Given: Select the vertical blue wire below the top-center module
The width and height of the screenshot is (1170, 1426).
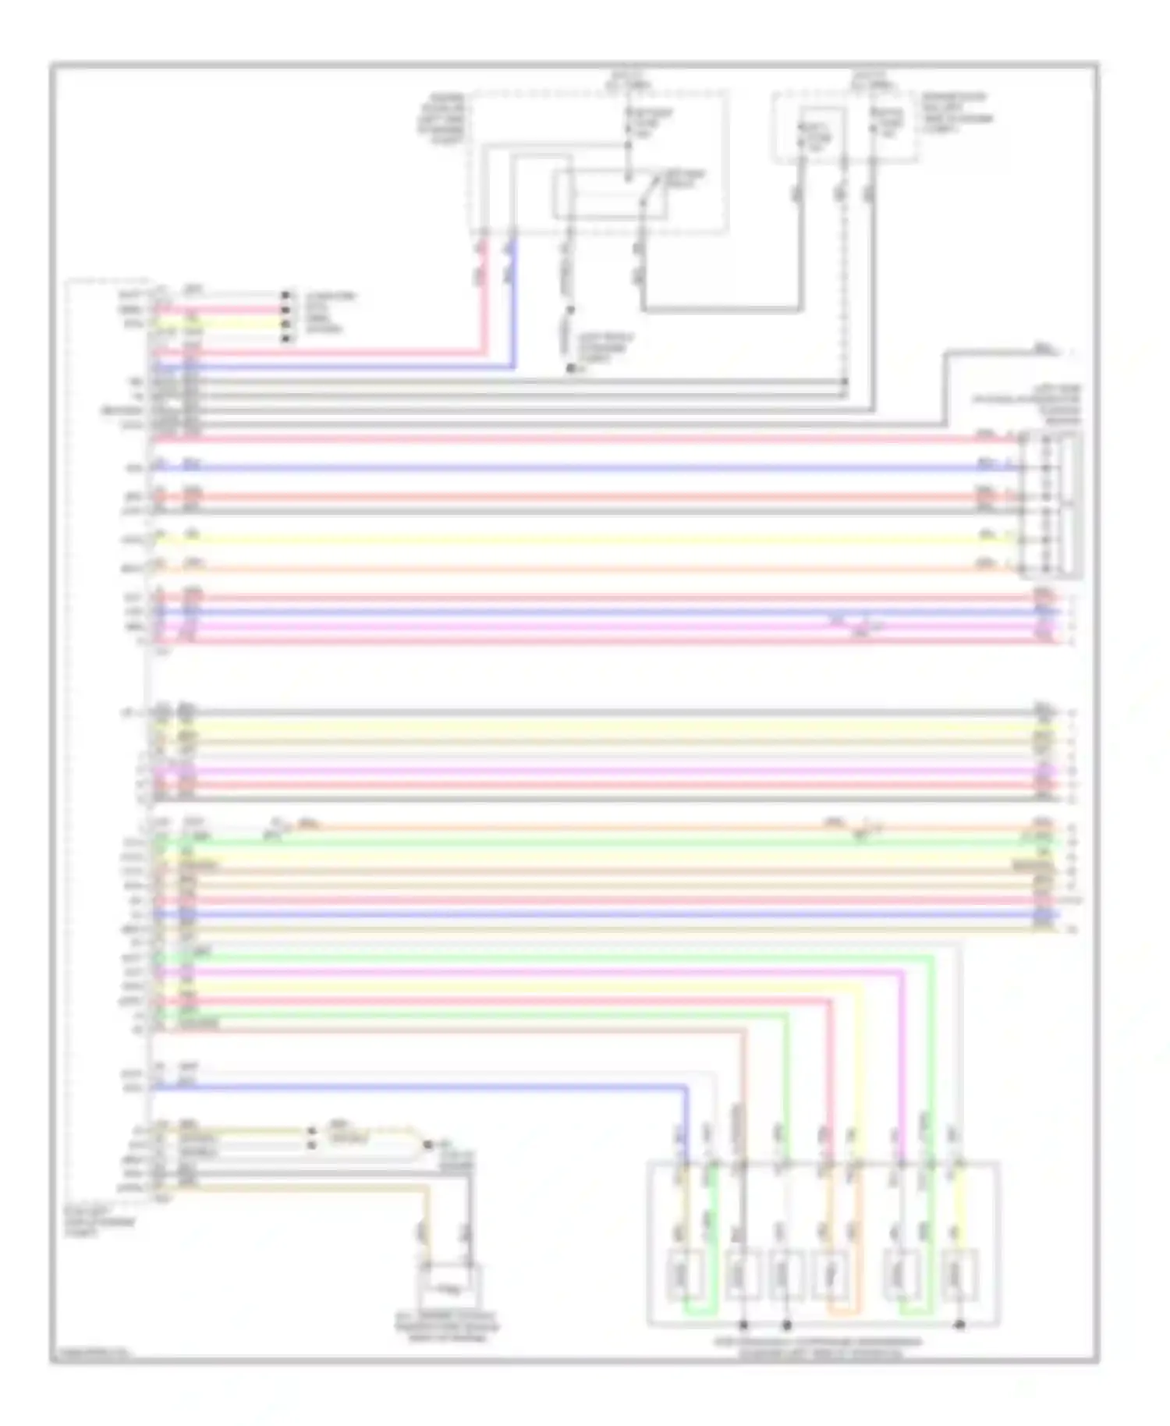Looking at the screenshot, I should [x=513, y=304].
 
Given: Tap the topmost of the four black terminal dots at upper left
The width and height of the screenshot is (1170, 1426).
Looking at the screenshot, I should [x=286, y=296].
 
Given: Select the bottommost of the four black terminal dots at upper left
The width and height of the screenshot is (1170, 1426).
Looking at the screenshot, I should [x=286, y=339].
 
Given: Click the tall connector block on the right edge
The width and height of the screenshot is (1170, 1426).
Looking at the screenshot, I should [x=1052, y=503].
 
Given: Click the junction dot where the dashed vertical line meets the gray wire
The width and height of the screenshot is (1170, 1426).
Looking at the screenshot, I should [x=845, y=381].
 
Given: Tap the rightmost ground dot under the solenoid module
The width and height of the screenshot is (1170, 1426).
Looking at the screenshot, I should [x=960, y=1325].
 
